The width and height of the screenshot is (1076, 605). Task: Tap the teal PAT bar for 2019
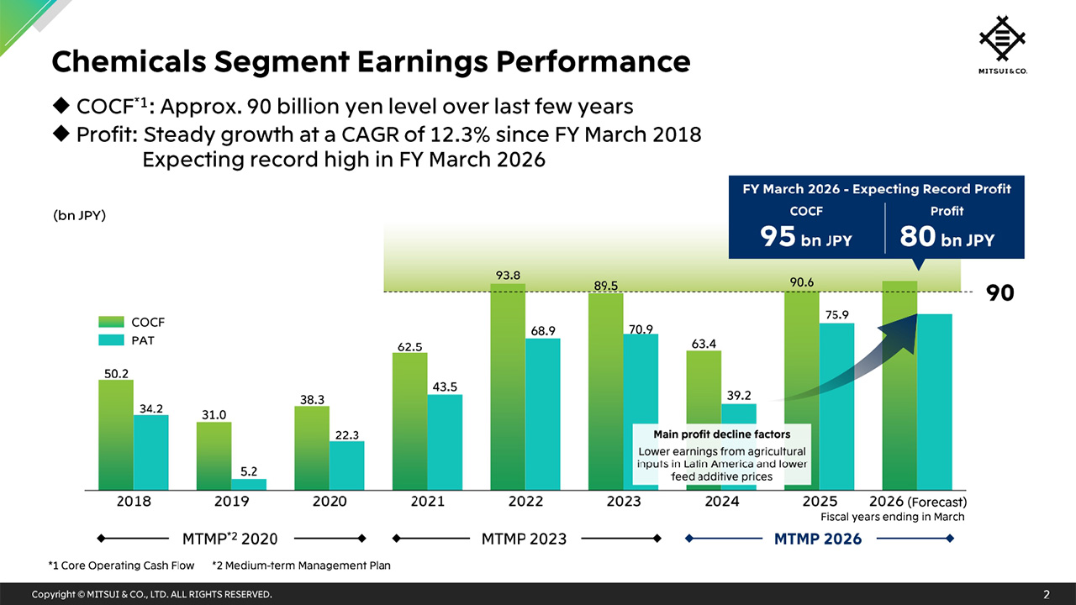pos(249,484)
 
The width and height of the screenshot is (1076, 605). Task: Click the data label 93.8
pos(507,275)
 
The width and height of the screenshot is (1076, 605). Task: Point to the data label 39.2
pos(738,394)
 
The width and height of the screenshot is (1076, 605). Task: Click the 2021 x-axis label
pos(427,502)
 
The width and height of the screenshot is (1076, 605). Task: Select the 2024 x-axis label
pos(721,502)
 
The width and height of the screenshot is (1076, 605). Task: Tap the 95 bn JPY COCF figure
pos(805,238)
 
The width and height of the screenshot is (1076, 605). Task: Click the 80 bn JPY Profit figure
pos(947,238)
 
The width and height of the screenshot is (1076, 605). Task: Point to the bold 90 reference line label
pos(1000,293)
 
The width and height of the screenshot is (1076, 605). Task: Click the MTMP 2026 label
pos(817,539)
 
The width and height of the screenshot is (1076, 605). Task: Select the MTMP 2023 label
pos(524,539)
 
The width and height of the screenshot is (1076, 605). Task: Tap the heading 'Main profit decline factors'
pos(721,434)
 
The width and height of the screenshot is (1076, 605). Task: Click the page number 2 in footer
pos(1047,595)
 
